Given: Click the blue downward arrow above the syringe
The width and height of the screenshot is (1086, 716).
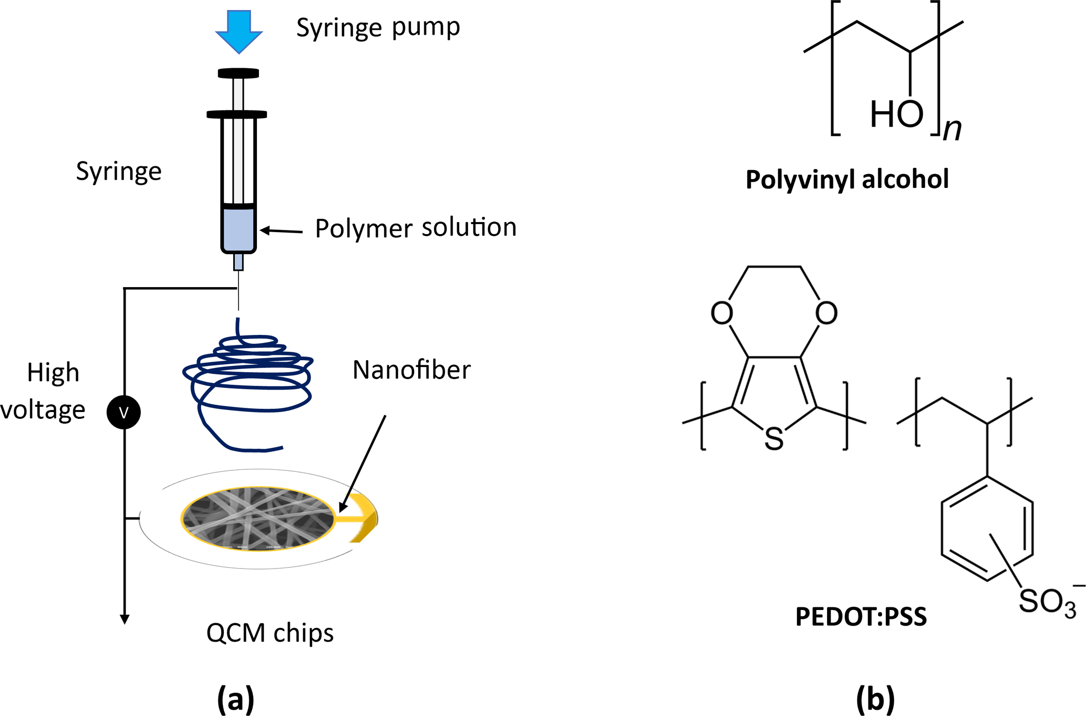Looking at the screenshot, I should pyautogui.click(x=239, y=30).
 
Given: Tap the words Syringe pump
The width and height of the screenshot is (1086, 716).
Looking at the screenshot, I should pyautogui.click(x=378, y=27).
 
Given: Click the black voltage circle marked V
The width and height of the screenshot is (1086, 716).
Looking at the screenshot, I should pyautogui.click(x=123, y=412).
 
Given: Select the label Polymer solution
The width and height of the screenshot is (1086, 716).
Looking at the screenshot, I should pyautogui.click(x=416, y=228).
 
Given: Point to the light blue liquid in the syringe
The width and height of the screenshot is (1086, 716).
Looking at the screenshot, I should pyautogui.click(x=239, y=229).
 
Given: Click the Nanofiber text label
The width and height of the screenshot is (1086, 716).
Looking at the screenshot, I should pyautogui.click(x=411, y=370).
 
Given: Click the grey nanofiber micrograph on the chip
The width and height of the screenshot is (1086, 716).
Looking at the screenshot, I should pyautogui.click(x=257, y=518).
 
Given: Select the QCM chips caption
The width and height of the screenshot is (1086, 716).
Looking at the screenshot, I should pyautogui.click(x=270, y=633).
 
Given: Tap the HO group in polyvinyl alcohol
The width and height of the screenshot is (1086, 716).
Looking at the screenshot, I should pyautogui.click(x=896, y=114).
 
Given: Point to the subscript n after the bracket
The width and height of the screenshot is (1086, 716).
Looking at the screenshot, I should pyautogui.click(x=952, y=129).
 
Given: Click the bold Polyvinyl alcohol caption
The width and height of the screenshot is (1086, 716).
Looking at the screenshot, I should pyautogui.click(x=847, y=180).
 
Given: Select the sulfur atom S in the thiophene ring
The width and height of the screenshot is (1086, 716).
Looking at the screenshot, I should pyautogui.click(x=774, y=439).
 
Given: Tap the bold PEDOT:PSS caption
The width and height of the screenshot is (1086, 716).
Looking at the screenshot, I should pyautogui.click(x=861, y=617).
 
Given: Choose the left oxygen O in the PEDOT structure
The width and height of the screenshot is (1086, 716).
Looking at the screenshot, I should pyautogui.click(x=722, y=313).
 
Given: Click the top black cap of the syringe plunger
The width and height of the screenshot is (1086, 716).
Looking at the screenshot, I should pyautogui.click(x=239, y=73).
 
